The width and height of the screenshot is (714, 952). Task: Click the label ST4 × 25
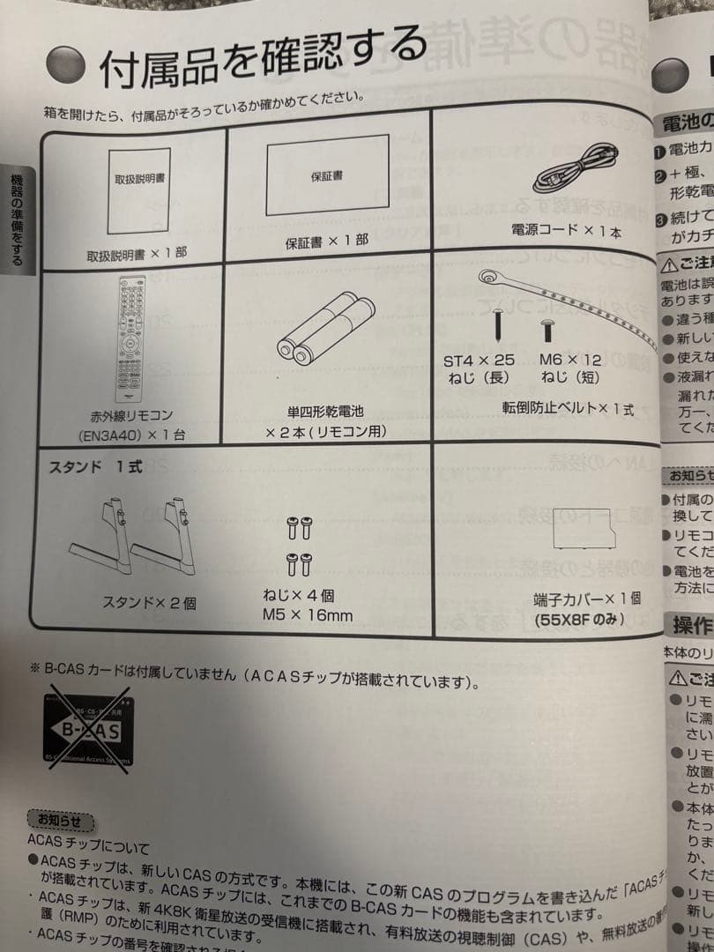[479, 361]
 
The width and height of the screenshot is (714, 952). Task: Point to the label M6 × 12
[570, 361]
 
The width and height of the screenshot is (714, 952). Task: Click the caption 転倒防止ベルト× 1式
[568, 410]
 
